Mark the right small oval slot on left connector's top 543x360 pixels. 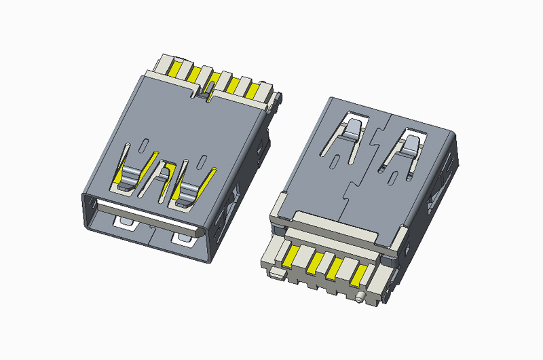tap(202, 161)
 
